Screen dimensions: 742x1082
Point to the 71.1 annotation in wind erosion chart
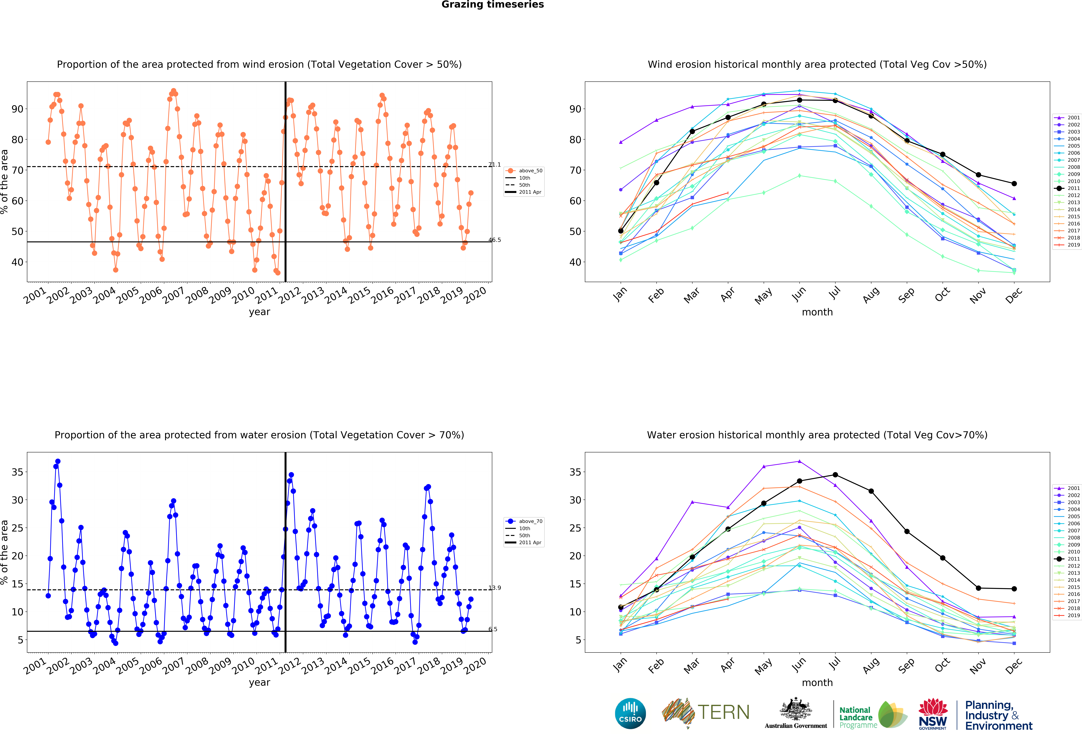[494, 165]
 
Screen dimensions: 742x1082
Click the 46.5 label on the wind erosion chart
[494, 240]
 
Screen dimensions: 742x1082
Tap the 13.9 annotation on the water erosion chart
[494, 588]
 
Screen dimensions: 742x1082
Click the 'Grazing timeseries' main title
[493, 5]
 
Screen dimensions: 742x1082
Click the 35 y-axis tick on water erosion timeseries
[17, 472]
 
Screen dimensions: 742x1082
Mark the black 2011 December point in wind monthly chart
[1014, 184]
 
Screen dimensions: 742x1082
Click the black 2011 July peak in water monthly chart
[835, 475]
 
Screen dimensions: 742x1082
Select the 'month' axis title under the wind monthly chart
[817, 312]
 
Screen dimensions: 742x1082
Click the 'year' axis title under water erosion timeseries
[259, 682]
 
